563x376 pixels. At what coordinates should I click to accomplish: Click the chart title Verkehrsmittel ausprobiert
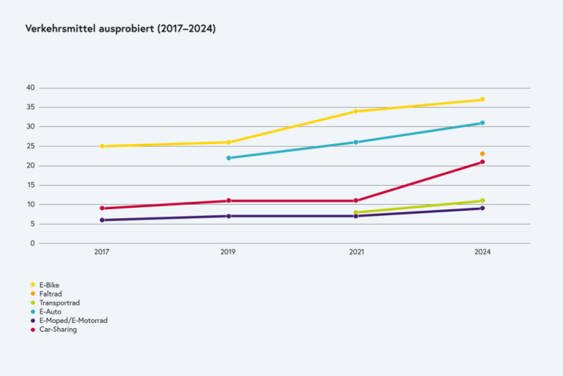coord(120,29)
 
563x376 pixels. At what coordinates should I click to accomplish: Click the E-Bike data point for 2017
coord(102,146)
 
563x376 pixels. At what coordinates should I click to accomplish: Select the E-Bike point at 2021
coord(356,111)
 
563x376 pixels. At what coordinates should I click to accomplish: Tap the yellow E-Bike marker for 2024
coord(482,99)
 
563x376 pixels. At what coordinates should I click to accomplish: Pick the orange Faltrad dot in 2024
coord(482,153)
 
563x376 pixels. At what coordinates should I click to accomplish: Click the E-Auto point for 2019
coord(229,158)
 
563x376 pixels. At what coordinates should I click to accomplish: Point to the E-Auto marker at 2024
coord(482,123)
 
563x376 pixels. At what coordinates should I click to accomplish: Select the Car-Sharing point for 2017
coord(102,209)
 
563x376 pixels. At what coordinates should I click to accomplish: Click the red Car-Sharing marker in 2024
coord(482,162)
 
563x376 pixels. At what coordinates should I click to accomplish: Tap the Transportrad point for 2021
coord(356,212)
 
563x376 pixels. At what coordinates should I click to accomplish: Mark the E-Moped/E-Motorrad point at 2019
coord(229,216)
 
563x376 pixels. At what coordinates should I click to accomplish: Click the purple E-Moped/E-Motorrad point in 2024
coord(482,209)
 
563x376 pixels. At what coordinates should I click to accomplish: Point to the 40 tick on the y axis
coord(31,88)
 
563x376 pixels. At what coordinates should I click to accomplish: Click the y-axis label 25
coord(31,146)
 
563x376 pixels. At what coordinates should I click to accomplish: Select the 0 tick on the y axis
coord(33,243)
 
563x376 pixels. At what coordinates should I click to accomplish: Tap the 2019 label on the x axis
coord(229,253)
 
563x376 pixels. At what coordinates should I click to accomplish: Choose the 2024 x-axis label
coord(482,253)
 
